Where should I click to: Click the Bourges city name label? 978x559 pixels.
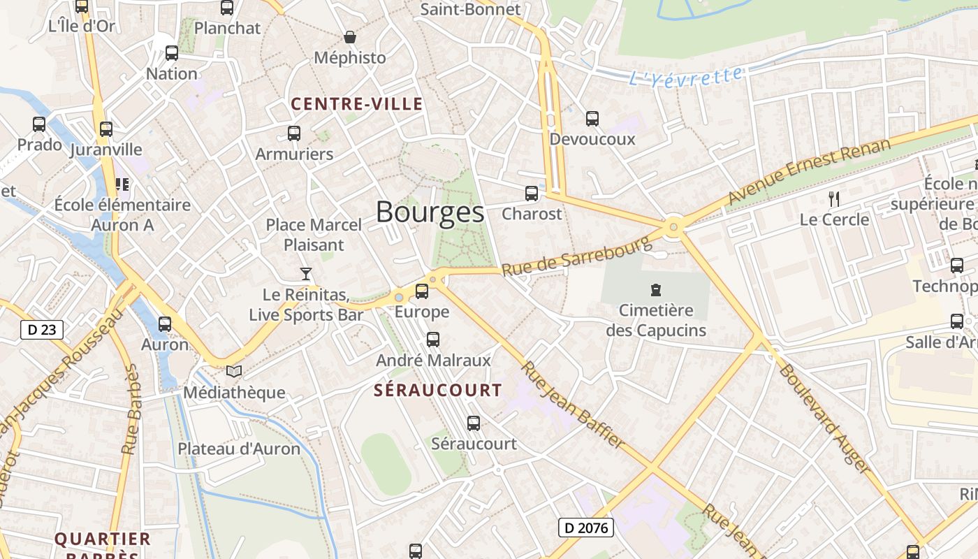pos(430,212)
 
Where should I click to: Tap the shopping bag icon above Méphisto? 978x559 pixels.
pos(349,37)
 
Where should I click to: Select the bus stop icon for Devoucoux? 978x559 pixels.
pos(592,119)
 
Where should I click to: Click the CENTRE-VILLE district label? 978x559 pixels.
pos(357,105)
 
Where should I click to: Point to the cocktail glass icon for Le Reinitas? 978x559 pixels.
pos(305,273)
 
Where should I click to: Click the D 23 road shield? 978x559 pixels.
pos(42,330)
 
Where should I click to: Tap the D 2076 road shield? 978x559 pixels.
pos(585,528)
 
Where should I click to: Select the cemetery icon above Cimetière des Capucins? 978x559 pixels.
pos(655,289)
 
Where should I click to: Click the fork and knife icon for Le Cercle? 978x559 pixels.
pos(834,199)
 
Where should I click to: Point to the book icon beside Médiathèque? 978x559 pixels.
pos(234,372)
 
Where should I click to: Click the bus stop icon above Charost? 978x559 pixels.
pos(532,194)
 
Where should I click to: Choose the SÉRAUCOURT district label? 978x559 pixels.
pos(437,390)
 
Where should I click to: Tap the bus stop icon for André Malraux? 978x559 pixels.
pos(433,340)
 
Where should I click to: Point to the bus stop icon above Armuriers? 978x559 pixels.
pos(294,133)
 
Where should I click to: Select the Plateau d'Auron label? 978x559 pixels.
pos(239,449)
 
